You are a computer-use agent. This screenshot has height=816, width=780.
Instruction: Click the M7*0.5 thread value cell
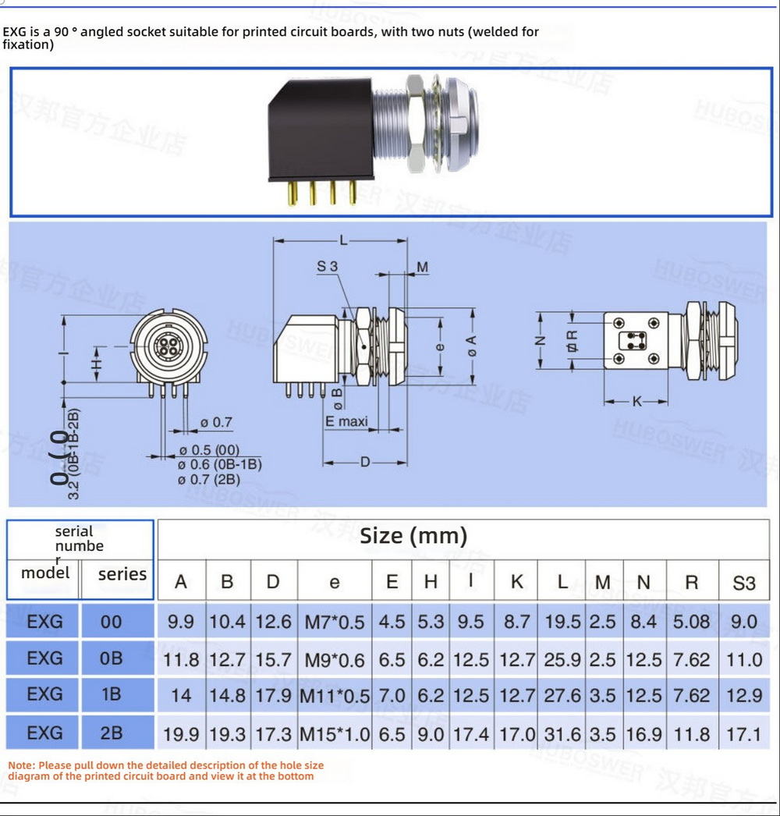(x=335, y=622)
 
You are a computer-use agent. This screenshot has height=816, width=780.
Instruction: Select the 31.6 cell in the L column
(x=562, y=734)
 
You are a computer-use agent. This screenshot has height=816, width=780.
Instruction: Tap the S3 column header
(x=744, y=582)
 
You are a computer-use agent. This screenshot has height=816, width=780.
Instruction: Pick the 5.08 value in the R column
(x=691, y=622)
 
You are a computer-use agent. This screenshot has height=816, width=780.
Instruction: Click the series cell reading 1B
(x=112, y=694)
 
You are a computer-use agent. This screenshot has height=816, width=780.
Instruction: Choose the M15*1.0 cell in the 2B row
(x=335, y=734)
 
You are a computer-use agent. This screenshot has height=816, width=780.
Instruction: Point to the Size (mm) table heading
(x=413, y=536)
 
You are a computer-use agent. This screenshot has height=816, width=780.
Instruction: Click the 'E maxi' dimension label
(x=346, y=422)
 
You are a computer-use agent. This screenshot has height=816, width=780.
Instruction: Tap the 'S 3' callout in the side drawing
(x=328, y=267)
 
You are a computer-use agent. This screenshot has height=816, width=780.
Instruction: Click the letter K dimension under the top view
(x=637, y=402)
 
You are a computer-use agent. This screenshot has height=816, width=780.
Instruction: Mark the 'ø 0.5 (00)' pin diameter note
(x=208, y=450)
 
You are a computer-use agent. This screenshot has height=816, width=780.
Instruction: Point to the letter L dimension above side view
(x=343, y=240)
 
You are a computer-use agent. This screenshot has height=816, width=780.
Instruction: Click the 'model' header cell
(x=45, y=573)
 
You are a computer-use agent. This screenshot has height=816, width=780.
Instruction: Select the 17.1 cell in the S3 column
(x=744, y=734)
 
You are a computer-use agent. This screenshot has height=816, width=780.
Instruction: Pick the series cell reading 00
(x=112, y=622)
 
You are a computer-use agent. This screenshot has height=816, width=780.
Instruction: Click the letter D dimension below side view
(x=365, y=462)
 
